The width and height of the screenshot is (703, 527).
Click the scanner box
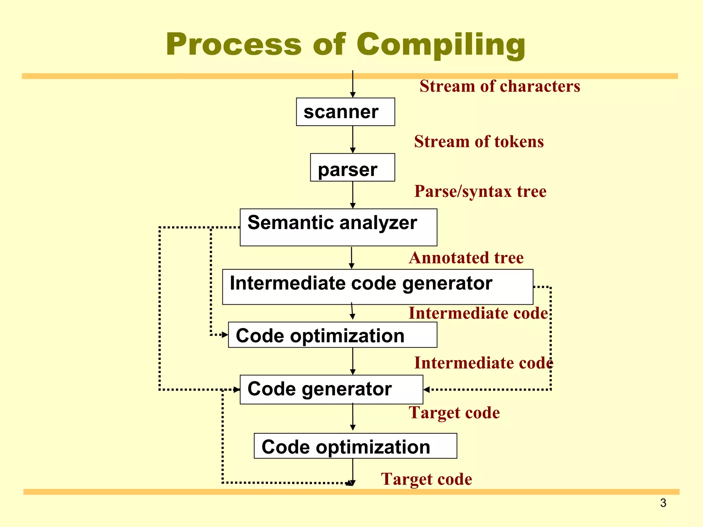[x=345, y=112]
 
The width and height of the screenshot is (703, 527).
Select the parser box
[x=352, y=167]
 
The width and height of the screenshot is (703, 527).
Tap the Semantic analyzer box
[x=338, y=227]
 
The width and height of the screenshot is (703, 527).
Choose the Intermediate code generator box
[x=378, y=287]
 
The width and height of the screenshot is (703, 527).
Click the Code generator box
[x=331, y=389]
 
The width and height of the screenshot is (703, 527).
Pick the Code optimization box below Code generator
[x=355, y=446]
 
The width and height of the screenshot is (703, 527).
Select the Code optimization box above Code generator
[x=332, y=335]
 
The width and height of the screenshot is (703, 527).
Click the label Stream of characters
[x=500, y=86]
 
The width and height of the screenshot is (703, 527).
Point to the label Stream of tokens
[x=479, y=142]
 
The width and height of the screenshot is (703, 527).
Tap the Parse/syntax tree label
[x=480, y=191]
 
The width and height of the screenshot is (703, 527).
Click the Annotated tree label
[x=466, y=258]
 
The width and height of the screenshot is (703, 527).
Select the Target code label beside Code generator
[x=454, y=413]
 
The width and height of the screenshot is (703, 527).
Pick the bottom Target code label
[x=426, y=479]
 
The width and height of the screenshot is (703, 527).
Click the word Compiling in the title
[x=441, y=45]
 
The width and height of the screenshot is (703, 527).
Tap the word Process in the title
[x=233, y=45]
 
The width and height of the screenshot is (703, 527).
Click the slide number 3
[x=663, y=503]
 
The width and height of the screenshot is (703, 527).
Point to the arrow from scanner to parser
[x=353, y=139]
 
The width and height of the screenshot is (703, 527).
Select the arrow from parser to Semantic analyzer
[x=353, y=195]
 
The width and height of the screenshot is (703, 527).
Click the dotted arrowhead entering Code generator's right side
[x=427, y=389]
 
